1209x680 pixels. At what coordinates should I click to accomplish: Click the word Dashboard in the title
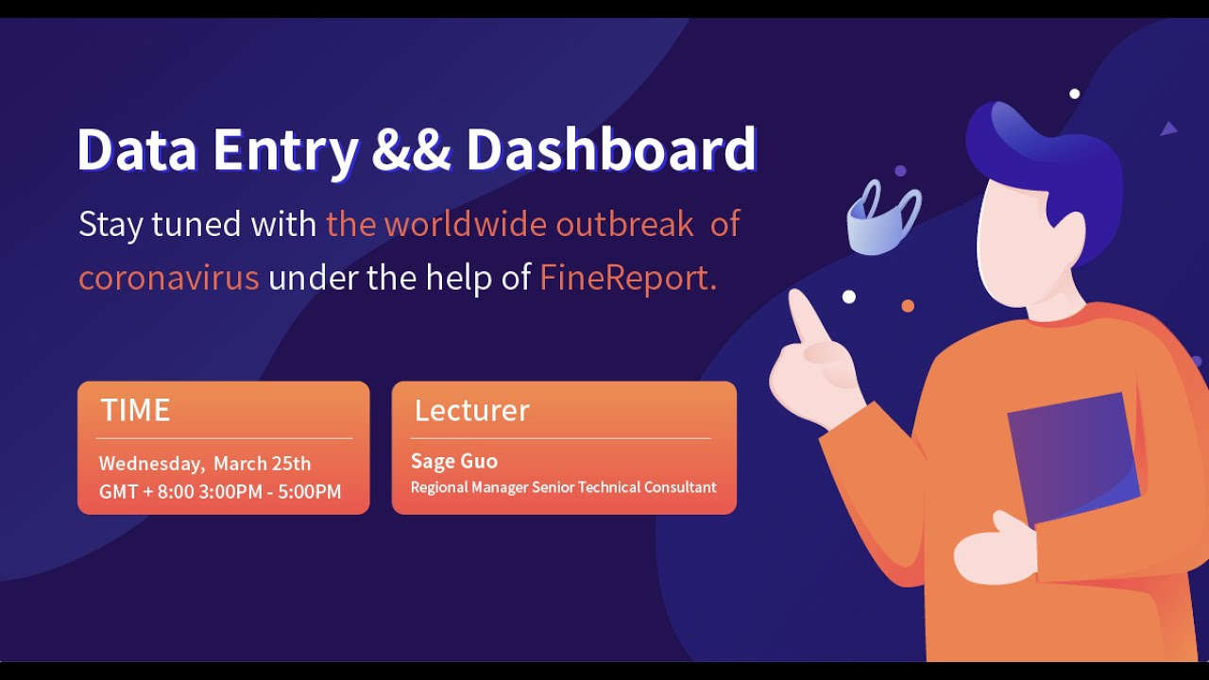pos(611,149)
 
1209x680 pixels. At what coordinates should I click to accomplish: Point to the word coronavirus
pos(168,279)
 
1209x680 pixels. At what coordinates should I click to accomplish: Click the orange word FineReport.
pos(627,279)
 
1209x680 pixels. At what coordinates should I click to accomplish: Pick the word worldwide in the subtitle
pos(465,225)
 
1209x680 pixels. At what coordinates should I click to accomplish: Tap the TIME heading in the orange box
pos(135,410)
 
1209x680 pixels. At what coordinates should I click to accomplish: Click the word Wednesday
pos(150,464)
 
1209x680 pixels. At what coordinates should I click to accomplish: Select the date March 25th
pos(262,464)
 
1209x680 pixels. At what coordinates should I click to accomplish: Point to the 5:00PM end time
pos(309,492)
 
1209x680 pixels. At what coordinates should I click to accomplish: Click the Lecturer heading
pos(471,410)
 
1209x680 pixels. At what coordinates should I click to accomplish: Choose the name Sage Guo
pos(453,462)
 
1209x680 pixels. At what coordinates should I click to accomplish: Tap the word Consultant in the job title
pos(680,487)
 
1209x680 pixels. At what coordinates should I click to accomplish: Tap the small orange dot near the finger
pos(908,306)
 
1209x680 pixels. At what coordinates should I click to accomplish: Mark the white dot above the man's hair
pos(1074,93)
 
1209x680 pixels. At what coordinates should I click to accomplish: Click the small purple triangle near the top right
pos(1168,128)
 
